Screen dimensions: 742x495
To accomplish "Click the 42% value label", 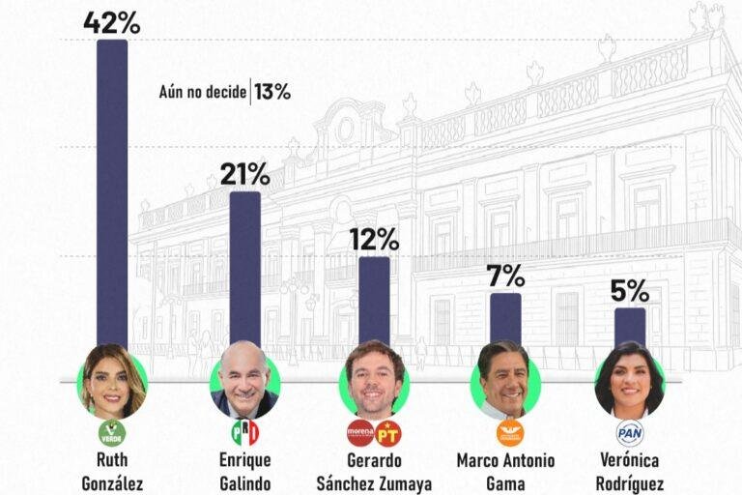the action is (112, 23).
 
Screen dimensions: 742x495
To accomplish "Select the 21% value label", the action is (244, 174).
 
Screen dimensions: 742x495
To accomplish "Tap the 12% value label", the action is (374, 239).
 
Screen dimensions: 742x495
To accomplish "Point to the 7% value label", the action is (506, 276).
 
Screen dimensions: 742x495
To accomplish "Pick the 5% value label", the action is (630, 290).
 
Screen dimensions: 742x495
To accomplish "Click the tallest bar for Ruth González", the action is (112, 194).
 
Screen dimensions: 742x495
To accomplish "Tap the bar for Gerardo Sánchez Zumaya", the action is (374, 301).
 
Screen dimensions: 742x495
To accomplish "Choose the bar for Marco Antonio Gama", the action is (506, 319).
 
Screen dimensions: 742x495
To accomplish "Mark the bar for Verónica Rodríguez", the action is (630, 327).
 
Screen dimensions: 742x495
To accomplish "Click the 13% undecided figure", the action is (272, 92).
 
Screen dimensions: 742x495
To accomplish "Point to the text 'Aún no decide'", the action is (203, 92).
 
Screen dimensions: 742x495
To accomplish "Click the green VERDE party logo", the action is (112, 433).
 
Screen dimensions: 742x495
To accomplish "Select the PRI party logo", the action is (245, 433).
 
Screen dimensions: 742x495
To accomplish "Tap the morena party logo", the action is (360, 433).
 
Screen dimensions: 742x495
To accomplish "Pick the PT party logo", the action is (388, 433).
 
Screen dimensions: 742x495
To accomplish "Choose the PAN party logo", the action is (630, 433).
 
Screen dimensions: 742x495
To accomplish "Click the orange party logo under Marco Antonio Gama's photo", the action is (510, 433).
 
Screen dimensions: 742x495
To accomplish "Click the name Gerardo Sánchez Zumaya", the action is (374, 472).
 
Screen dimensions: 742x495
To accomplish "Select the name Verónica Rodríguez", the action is (629, 472).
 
